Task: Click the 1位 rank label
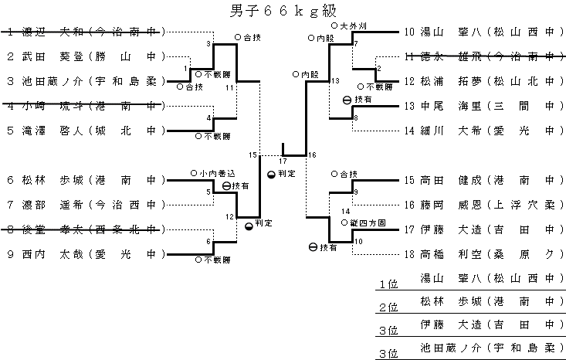click(388, 285)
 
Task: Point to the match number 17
click(283, 161)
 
